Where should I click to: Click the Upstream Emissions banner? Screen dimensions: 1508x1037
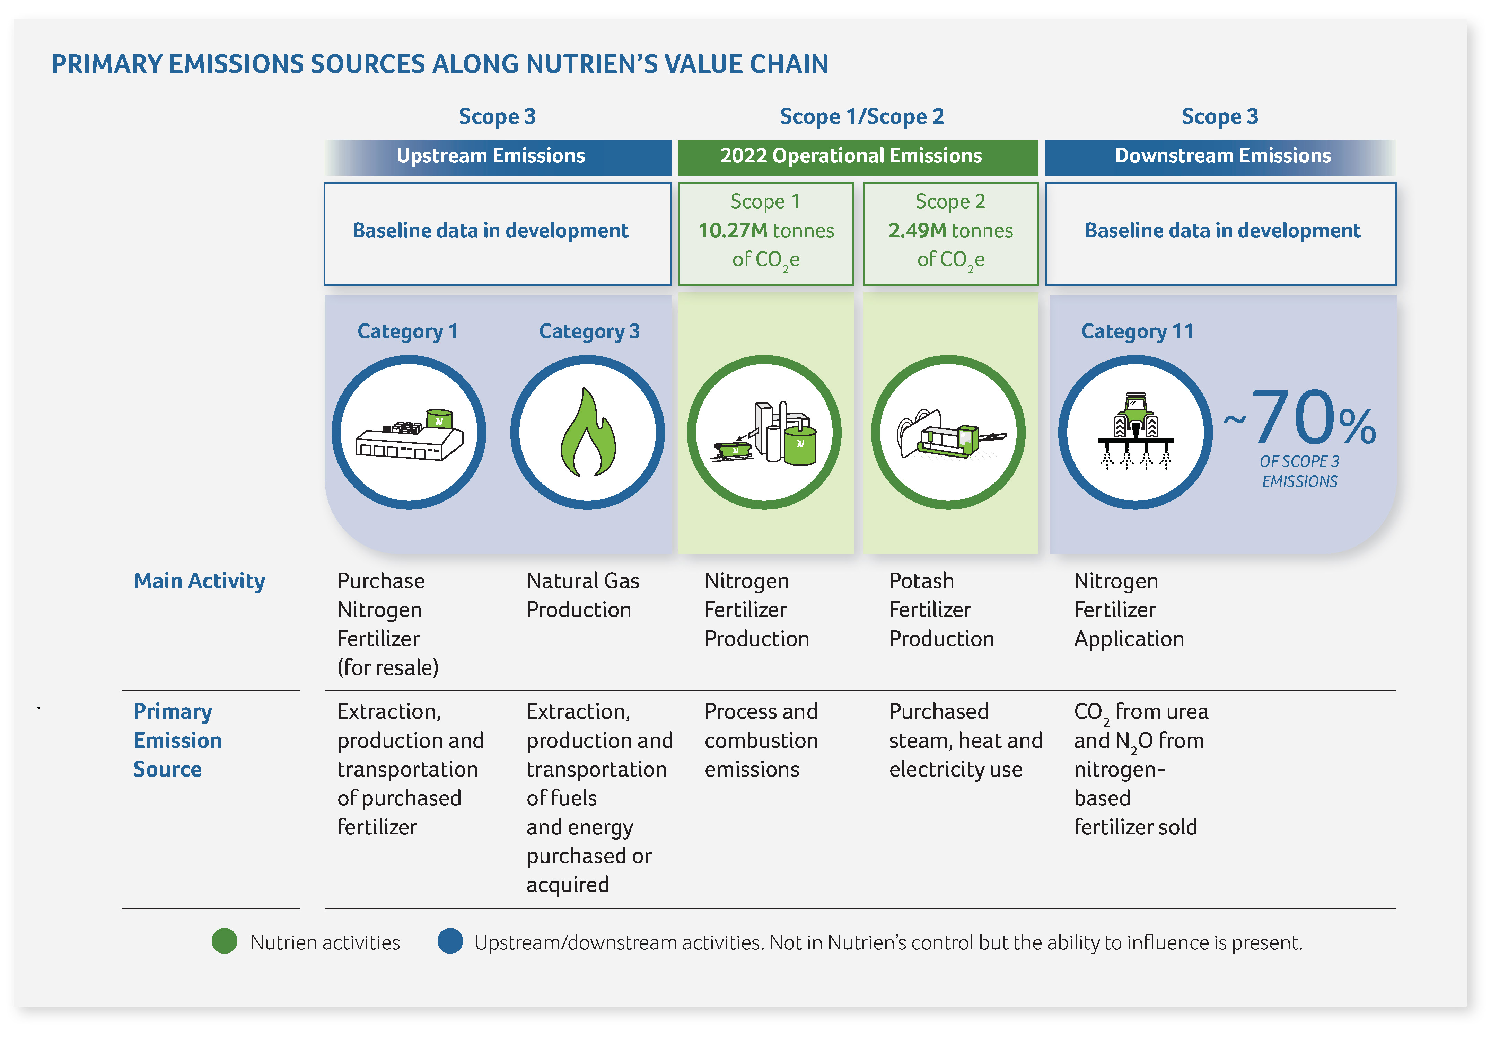498,157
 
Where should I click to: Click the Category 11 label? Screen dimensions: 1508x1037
1137,331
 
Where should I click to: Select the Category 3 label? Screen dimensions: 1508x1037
589,331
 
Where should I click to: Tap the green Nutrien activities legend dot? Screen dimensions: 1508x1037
224,941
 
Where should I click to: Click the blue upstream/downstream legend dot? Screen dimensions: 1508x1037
450,941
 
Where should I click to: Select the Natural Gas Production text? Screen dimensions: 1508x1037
582,595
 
